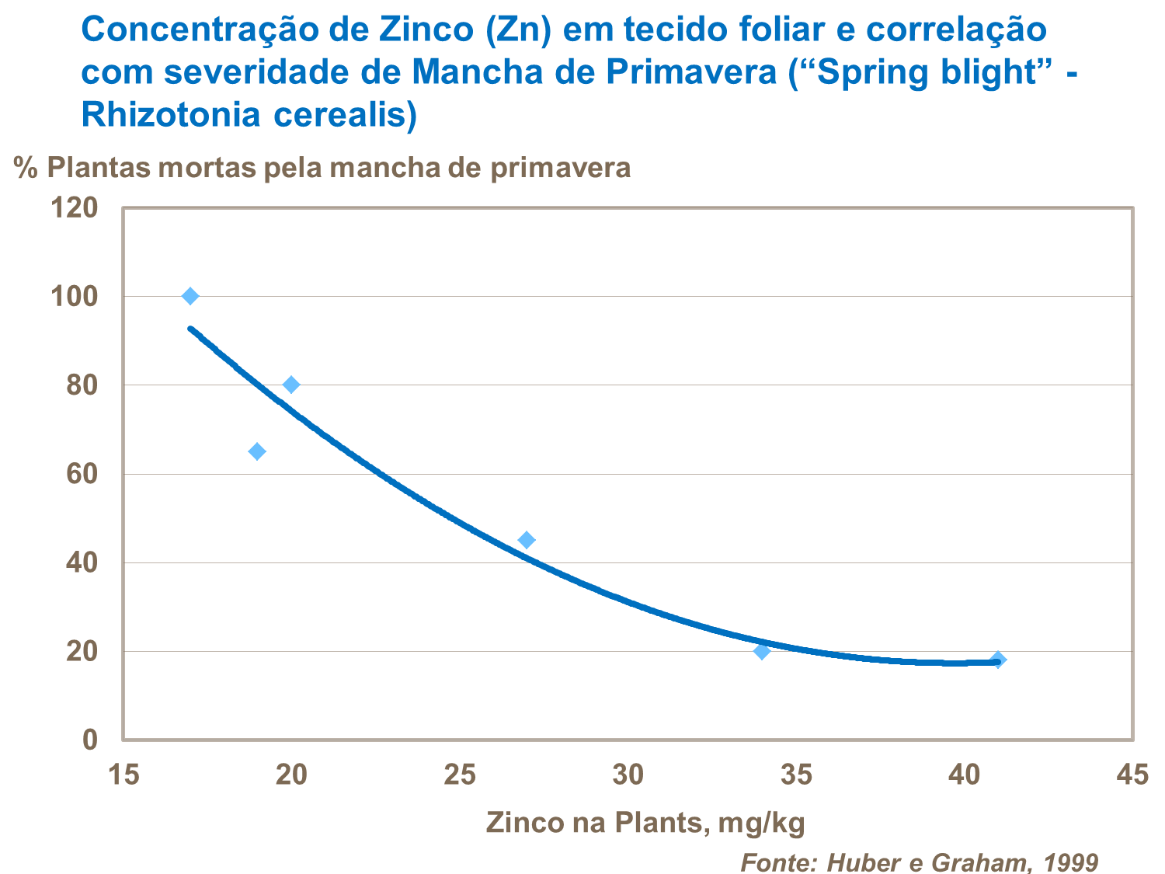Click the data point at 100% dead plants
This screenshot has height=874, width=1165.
190,296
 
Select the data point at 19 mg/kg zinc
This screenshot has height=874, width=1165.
257,451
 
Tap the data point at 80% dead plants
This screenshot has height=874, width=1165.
291,385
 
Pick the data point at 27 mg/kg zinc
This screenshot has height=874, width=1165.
527,540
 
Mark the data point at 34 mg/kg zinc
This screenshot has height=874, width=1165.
762,651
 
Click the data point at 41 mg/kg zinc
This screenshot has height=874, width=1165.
998,660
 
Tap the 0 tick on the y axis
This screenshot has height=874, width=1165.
90,740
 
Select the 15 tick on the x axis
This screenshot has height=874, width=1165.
123,774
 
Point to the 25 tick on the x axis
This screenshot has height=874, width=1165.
460,774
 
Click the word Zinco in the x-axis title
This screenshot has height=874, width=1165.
523,822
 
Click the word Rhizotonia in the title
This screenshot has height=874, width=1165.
170,114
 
